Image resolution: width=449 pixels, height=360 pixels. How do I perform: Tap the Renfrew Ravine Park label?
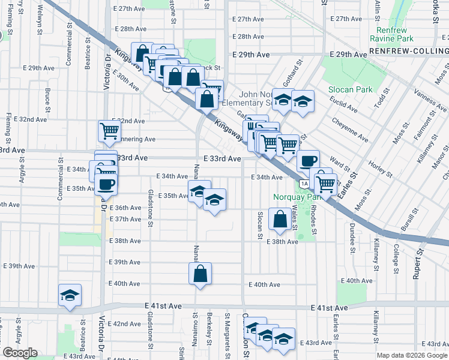click(x=396, y=34)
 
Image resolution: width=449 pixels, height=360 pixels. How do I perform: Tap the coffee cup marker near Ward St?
click(x=309, y=161)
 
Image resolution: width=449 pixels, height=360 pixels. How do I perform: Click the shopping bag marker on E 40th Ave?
click(x=200, y=274)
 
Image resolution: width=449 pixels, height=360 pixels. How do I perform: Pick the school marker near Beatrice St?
click(x=70, y=295)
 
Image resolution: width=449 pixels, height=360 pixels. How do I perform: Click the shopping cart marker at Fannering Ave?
click(x=109, y=130)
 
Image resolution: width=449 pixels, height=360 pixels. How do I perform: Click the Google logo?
click(x=20, y=353)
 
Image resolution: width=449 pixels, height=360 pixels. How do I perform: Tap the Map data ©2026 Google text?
click(x=411, y=355)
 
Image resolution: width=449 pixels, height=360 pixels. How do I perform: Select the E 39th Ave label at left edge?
click(x=20, y=266)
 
